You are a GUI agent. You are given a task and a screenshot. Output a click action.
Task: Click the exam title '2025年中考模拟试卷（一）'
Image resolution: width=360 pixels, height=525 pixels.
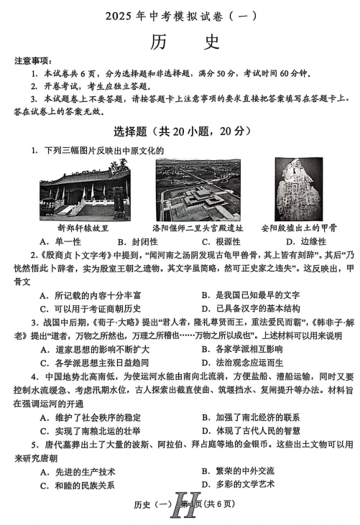(180, 15)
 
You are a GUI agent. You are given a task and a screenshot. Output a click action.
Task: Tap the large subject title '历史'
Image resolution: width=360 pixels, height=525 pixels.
(180, 43)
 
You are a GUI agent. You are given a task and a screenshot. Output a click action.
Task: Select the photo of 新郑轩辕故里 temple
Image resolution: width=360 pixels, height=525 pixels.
(83, 188)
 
